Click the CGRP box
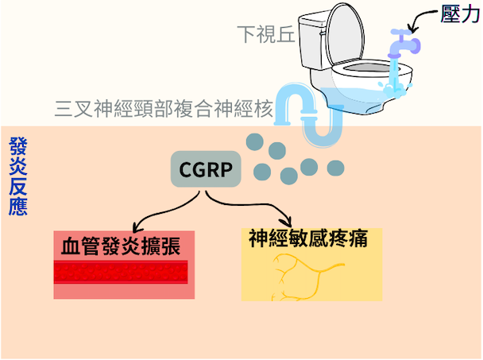click(206, 169)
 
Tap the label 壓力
click(460, 14)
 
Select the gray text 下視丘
click(266, 34)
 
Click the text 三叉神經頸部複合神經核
click(164, 109)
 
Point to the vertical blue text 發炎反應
click(18, 176)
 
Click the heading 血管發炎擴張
click(121, 246)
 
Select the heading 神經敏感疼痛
click(308, 238)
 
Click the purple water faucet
click(404, 44)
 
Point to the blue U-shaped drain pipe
click(308, 114)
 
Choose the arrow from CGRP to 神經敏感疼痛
click(246, 203)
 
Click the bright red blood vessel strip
click(121, 272)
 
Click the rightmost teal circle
click(335, 168)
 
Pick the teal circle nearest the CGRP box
click(262, 172)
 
